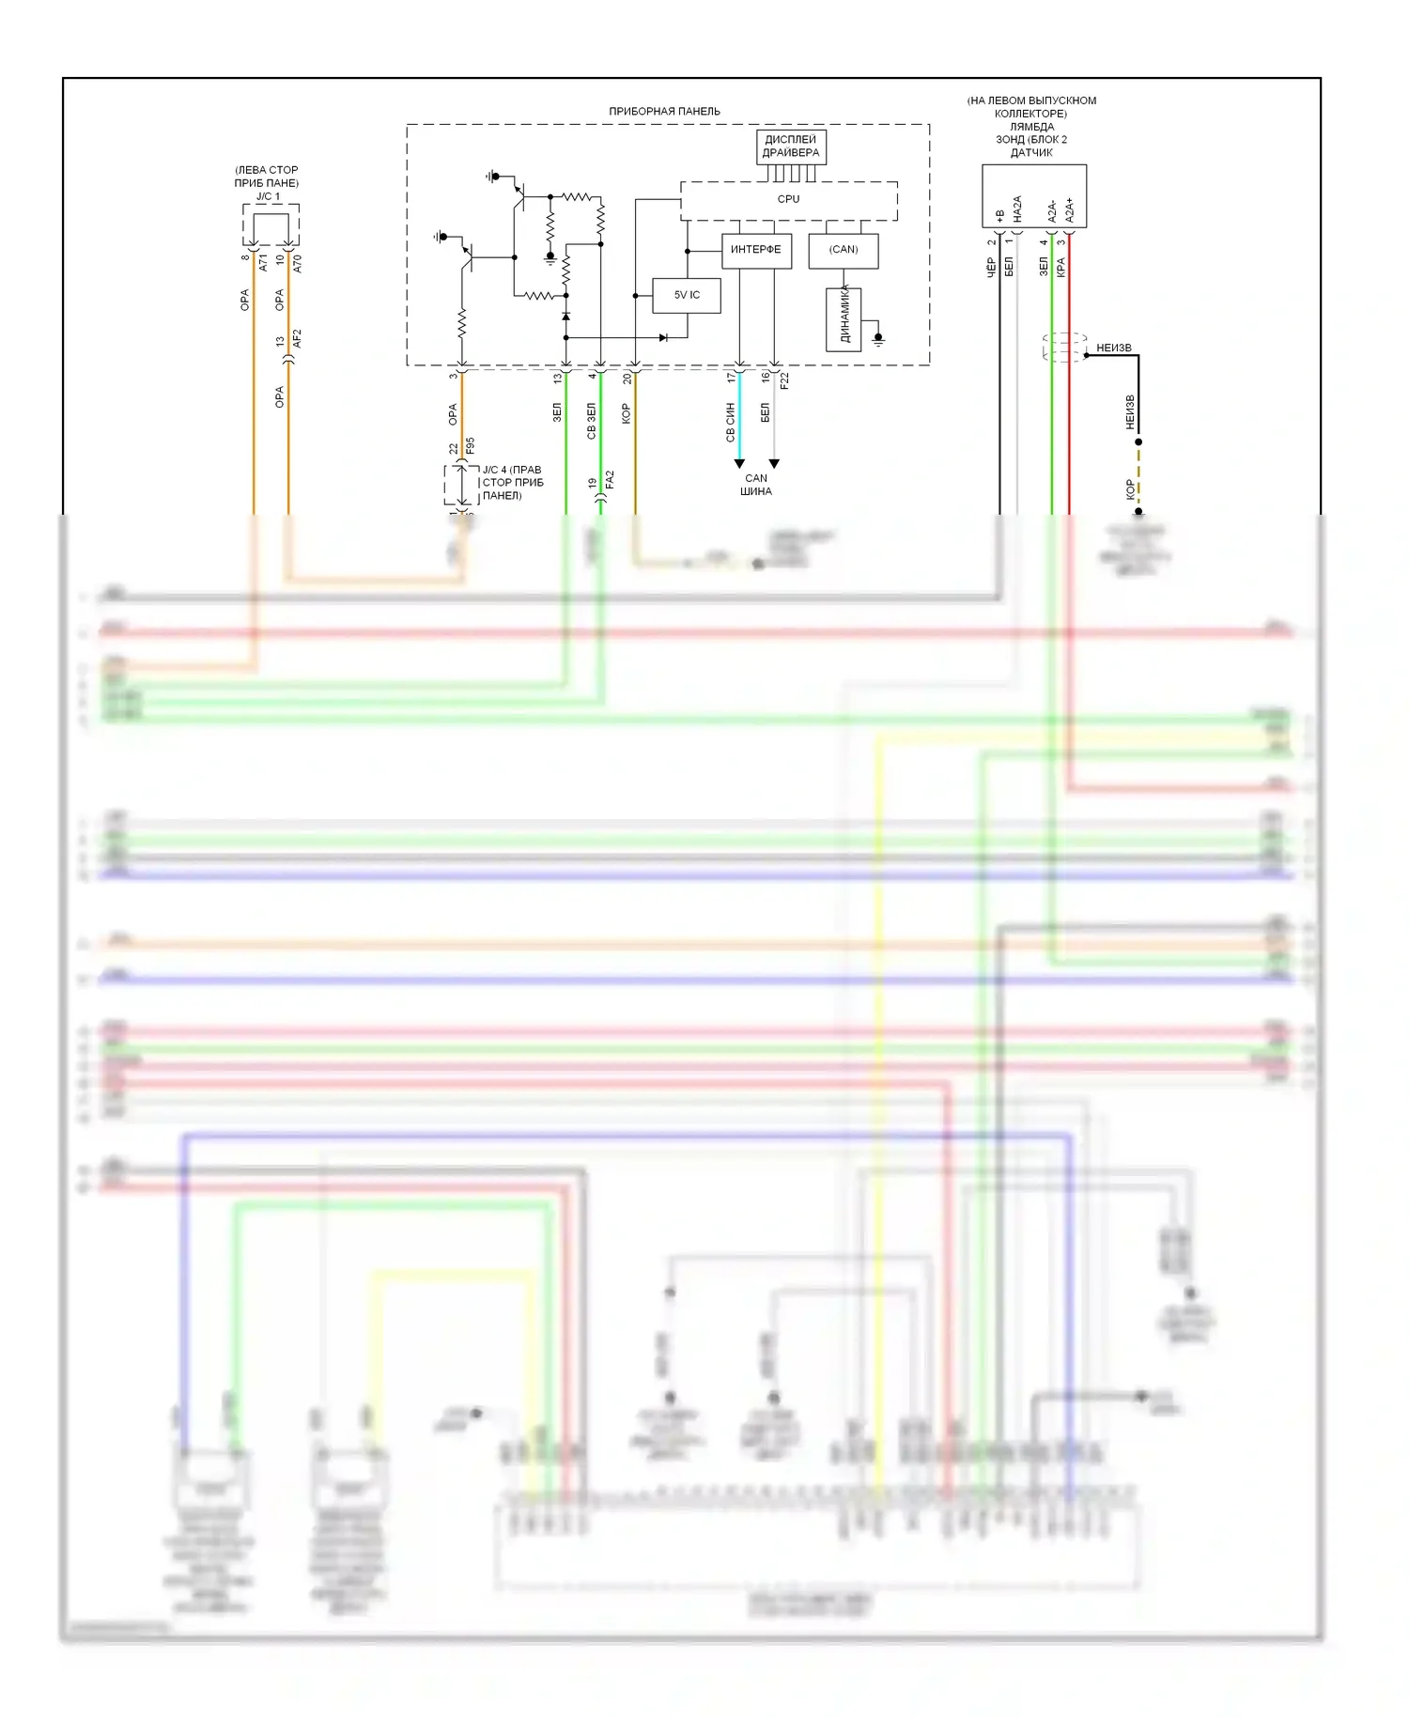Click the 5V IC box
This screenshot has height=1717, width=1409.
[687, 295]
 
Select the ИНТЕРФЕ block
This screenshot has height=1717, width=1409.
[756, 250]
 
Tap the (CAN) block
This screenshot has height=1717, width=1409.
[844, 250]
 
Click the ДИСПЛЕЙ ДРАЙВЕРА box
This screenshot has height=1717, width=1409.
[791, 147]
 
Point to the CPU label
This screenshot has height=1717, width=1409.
[789, 199]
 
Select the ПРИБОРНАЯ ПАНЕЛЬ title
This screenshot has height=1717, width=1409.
[664, 111]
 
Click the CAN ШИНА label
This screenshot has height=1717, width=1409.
[756, 485]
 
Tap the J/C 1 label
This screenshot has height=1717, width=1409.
[268, 196]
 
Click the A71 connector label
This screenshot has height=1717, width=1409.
[263, 262]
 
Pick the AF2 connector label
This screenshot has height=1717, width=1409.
[297, 338]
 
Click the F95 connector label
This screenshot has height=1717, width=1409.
[471, 445]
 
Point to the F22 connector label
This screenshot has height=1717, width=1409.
[784, 380]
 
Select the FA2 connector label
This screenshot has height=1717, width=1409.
[610, 480]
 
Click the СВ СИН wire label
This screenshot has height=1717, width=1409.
[730, 422]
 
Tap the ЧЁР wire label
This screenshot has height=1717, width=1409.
[991, 267]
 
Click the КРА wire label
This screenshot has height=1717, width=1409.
[1061, 267]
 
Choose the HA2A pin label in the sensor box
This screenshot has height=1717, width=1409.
[1017, 209]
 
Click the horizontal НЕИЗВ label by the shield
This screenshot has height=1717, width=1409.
[1114, 348]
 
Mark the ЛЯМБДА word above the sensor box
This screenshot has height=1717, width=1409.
[1031, 127]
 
